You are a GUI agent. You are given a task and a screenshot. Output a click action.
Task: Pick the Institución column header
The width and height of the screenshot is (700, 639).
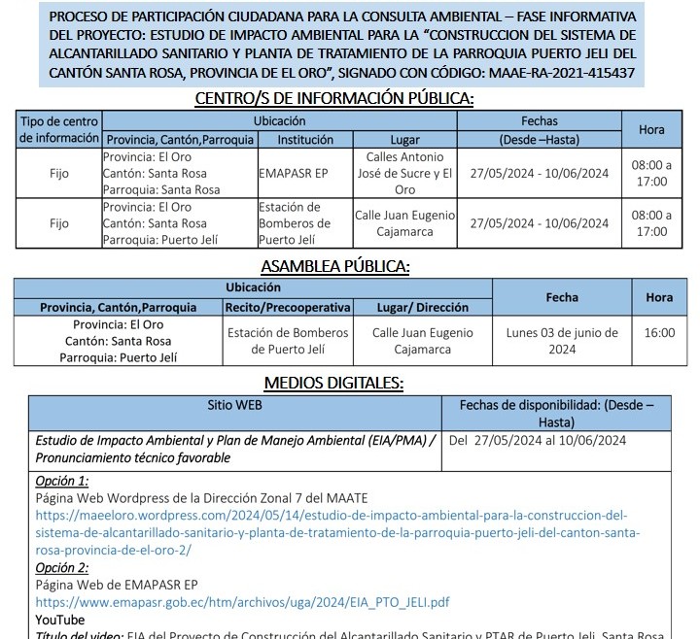pos(305,139)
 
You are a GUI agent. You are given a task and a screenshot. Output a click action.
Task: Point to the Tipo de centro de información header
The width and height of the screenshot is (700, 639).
pos(59,130)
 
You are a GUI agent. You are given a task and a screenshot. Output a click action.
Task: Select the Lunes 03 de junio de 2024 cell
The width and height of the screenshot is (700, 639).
pos(562,341)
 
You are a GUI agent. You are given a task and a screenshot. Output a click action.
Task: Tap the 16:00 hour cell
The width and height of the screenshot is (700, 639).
pos(658,333)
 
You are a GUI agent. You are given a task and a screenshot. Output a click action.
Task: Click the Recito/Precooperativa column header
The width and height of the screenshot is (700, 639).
pos(287,307)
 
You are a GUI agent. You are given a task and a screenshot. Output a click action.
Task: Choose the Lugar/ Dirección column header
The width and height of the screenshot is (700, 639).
pos(422,307)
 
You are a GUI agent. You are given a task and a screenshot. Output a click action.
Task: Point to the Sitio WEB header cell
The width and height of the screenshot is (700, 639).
pos(234,404)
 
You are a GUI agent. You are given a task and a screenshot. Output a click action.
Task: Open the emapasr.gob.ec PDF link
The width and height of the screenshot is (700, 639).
pos(242,602)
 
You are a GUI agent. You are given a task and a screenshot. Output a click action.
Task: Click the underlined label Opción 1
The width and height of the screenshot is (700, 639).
pos(62,481)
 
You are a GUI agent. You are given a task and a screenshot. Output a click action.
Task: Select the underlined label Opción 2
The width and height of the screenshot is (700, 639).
pos(62,567)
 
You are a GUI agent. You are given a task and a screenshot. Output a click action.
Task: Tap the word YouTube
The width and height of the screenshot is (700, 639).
pos(60,620)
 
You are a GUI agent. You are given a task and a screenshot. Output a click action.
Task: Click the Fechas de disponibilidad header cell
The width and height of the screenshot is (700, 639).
pos(556,413)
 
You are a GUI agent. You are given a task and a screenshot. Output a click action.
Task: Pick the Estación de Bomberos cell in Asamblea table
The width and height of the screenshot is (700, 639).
pos(287,341)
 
